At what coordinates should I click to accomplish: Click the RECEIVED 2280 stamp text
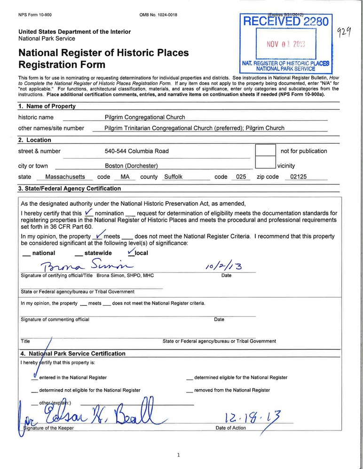coord(286,21)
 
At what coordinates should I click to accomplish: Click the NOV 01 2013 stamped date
coord(286,45)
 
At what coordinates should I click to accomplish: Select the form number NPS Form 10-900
coord(35,15)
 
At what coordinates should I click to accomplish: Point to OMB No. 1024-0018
coord(158,15)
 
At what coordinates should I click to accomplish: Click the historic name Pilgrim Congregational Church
coord(144,117)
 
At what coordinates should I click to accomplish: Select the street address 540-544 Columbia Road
coord(136,151)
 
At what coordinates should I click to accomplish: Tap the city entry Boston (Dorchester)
coord(131,166)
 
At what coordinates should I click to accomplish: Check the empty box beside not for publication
coord(265,151)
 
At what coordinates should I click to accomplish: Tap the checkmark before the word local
coord(131,252)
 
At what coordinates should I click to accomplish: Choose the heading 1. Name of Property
coord(47,106)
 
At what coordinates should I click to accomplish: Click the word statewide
coord(98,253)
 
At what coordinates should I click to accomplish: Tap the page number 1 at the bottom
coord(179,455)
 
